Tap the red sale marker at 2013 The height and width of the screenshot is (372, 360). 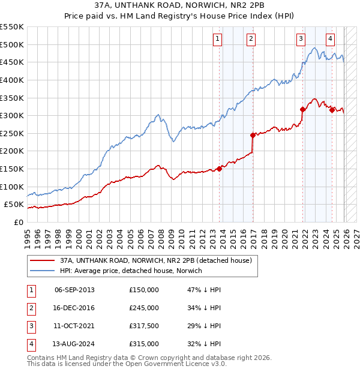coord(220,169)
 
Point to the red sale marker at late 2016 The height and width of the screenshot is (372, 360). coord(253,135)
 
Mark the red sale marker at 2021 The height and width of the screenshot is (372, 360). coord(303,109)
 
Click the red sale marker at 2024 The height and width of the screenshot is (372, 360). coord(332,110)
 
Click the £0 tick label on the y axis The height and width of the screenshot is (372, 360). coord(19,222)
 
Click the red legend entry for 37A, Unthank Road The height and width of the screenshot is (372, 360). coord(159,260)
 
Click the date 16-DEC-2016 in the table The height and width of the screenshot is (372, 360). coord(74,308)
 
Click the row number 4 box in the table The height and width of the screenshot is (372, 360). coord(29,344)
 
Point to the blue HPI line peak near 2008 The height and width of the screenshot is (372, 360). coord(158,114)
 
